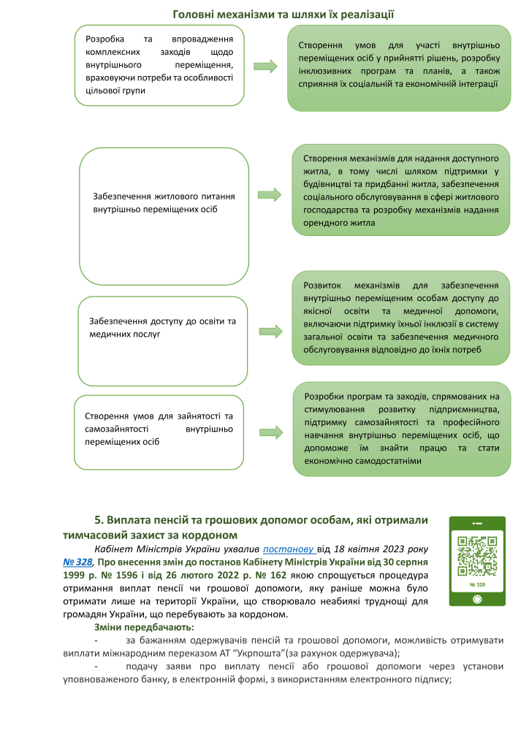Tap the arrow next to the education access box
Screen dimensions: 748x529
click(268, 331)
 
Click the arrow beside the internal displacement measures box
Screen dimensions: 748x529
click(268, 66)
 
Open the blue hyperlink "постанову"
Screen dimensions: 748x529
click(289, 548)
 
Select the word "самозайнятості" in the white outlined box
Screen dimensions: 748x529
click(113, 429)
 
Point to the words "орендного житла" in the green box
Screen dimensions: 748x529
click(338, 224)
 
